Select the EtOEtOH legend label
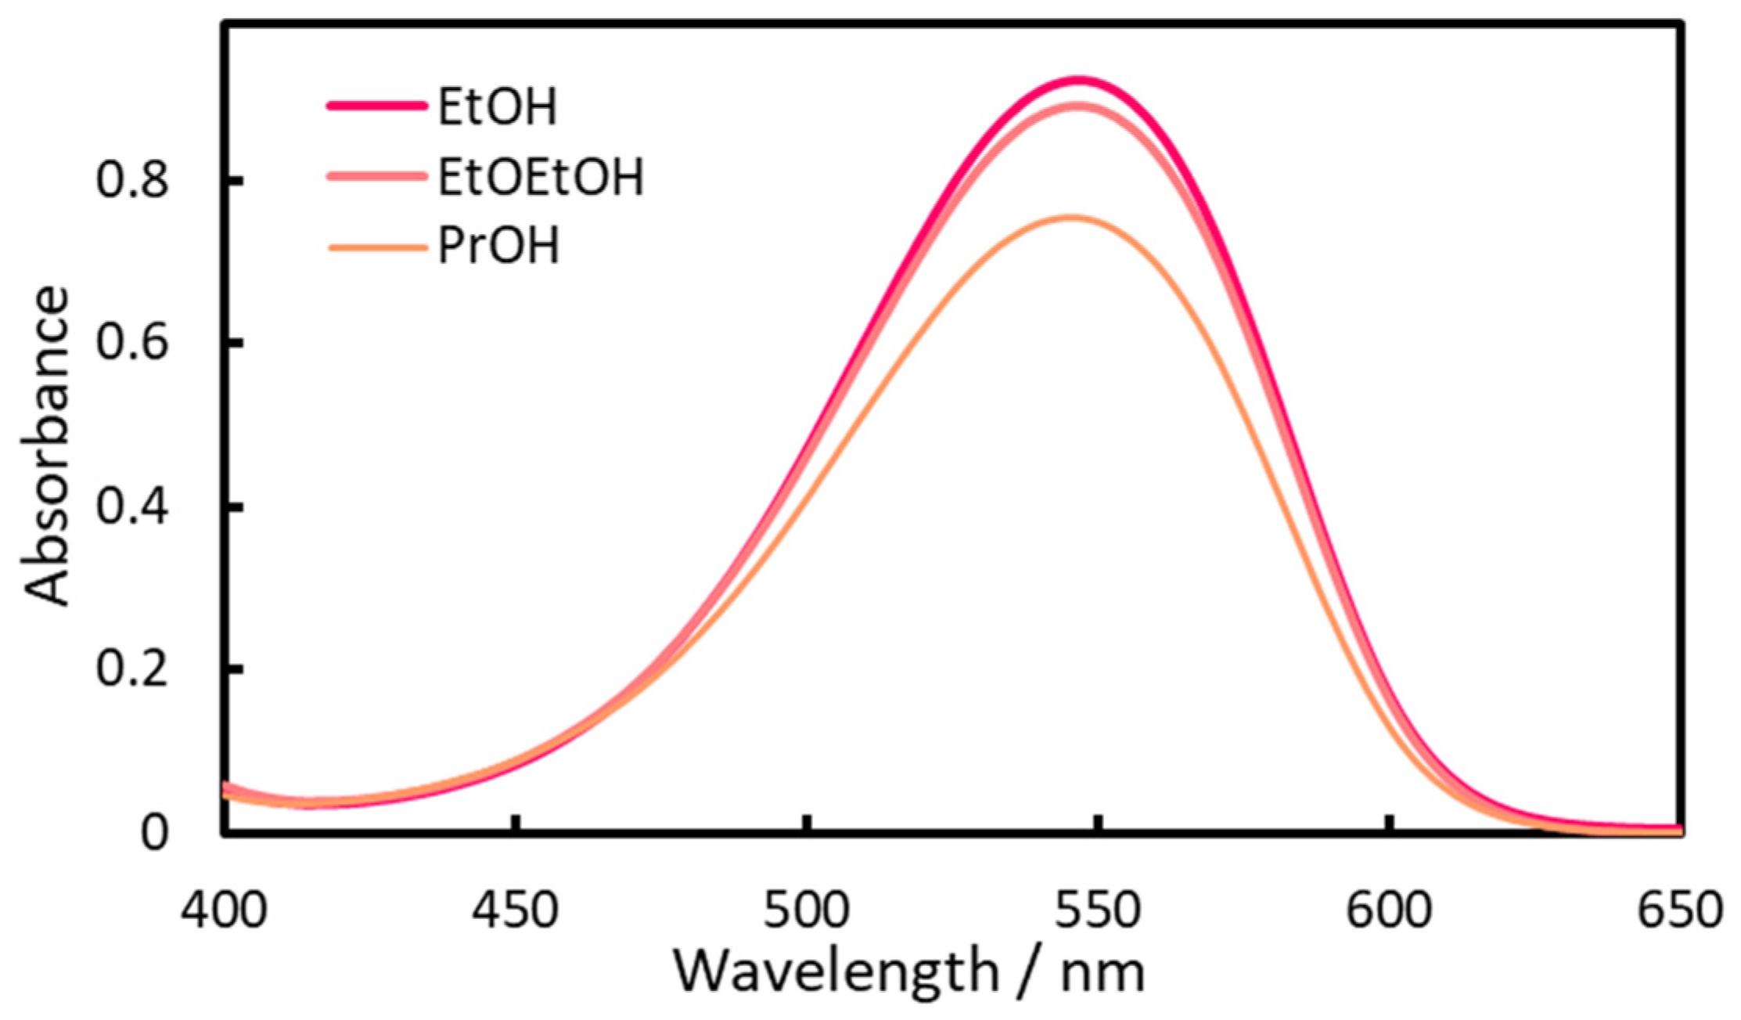tap(540, 177)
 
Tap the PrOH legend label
tap(498, 247)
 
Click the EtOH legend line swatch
tap(376, 106)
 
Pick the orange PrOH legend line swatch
tap(376, 248)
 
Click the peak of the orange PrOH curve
tap(1070, 217)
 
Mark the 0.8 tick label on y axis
tap(132, 182)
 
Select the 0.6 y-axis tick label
tap(132, 344)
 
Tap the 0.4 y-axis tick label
tap(132, 507)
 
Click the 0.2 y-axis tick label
tap(132, 670)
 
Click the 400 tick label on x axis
tap(225, 911)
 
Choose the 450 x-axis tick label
tap(516, 911)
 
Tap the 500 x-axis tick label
tap(807, 911)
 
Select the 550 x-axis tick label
tap(1099, 911)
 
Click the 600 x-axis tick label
tap(1390, 911)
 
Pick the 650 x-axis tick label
tap(1680, 911)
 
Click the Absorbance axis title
tap(47, 446)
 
